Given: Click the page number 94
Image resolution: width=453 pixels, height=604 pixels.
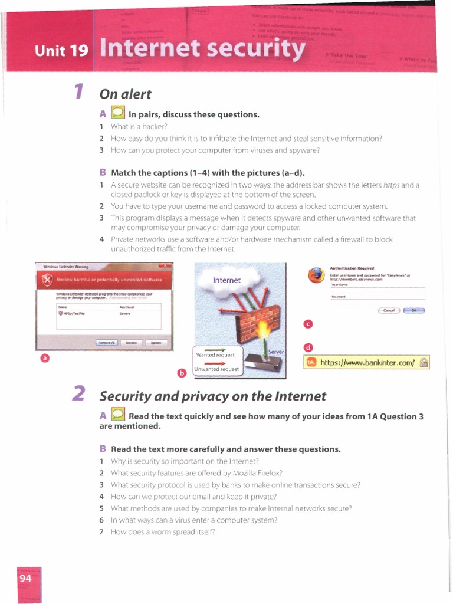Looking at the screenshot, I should point(25,578).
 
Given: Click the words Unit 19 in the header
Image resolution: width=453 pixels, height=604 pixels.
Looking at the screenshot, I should point(61,51).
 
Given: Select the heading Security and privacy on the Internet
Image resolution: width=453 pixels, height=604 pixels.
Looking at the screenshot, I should point(212,395).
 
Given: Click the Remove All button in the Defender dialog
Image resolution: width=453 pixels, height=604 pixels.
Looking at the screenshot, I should point(107,342).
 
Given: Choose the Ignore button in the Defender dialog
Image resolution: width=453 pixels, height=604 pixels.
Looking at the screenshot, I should point(156,342).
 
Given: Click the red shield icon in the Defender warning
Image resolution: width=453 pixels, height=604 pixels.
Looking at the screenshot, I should point(48,279).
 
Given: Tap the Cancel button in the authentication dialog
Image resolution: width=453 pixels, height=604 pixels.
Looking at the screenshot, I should point(389,310).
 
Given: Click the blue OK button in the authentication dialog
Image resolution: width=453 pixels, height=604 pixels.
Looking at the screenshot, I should point(414,310).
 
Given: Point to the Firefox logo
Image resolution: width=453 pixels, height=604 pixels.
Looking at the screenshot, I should point(317,275).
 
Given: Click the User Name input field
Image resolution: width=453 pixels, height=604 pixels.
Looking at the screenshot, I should point(377,287).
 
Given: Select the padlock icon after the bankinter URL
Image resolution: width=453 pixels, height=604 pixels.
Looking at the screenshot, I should point(424,362).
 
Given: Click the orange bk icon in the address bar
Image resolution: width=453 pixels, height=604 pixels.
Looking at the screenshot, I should point(311,362).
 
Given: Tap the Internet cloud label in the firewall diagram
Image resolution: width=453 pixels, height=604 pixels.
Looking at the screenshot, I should point(226,280).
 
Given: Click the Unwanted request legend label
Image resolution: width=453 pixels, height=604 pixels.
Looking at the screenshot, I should point(217,369).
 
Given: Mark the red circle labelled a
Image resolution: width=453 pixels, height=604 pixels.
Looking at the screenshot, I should point(44,357).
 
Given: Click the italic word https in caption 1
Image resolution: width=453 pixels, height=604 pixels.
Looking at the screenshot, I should point(392,185).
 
